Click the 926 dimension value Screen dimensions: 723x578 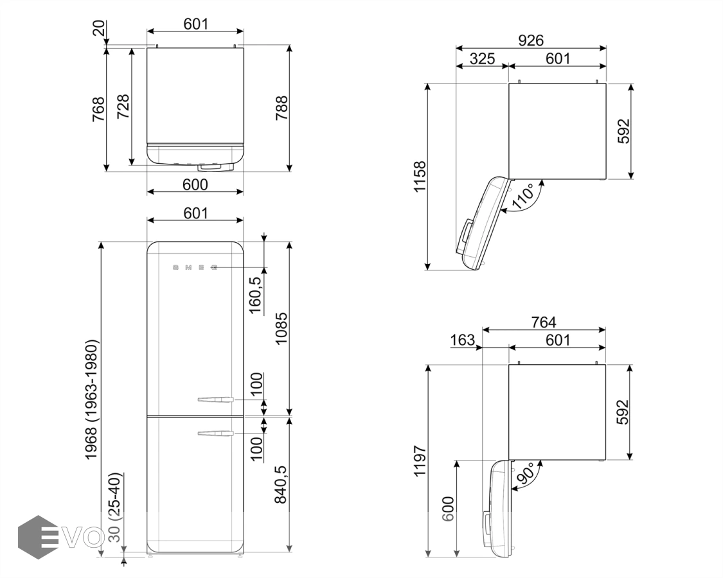(531, 40)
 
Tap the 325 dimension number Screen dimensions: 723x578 (482, 58)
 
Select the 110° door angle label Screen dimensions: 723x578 (523, 196)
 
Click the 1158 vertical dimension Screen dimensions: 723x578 (420, 177)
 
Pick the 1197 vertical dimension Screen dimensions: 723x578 (420, 461)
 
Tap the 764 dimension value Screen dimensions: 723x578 (544, 322)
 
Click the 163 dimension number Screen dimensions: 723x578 (462, 340)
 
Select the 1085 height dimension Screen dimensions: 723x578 (281, 328)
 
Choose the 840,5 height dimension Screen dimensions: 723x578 (281, 484)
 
